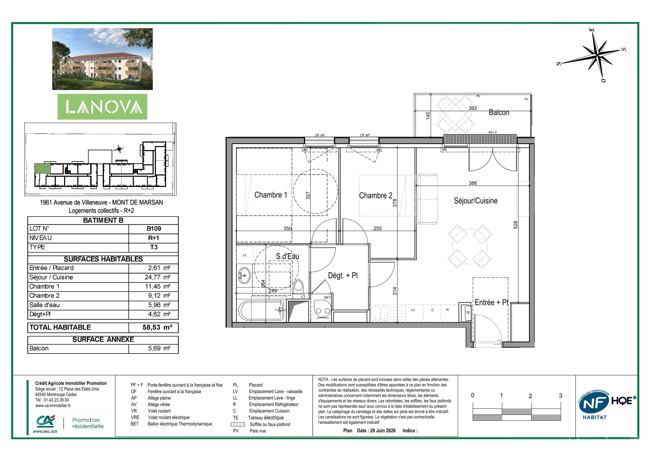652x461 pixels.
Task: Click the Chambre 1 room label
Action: point(271,195)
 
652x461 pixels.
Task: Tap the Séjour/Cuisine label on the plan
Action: point(476,201)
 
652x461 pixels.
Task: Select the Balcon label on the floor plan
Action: point(499,113)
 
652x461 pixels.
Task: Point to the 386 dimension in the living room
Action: point(473,183)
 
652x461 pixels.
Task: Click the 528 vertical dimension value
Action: point(516,225)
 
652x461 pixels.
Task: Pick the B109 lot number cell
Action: point(154,229)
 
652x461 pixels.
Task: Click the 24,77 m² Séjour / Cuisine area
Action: point(157,277)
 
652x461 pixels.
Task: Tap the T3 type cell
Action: point(154,247)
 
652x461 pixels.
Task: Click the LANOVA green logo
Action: point(102,107)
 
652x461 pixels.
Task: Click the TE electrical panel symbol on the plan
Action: point(467,313)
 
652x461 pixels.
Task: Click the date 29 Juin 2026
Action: point(383,431)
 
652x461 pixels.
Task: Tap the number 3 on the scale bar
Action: point(560,396)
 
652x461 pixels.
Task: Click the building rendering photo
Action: point(102,59)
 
